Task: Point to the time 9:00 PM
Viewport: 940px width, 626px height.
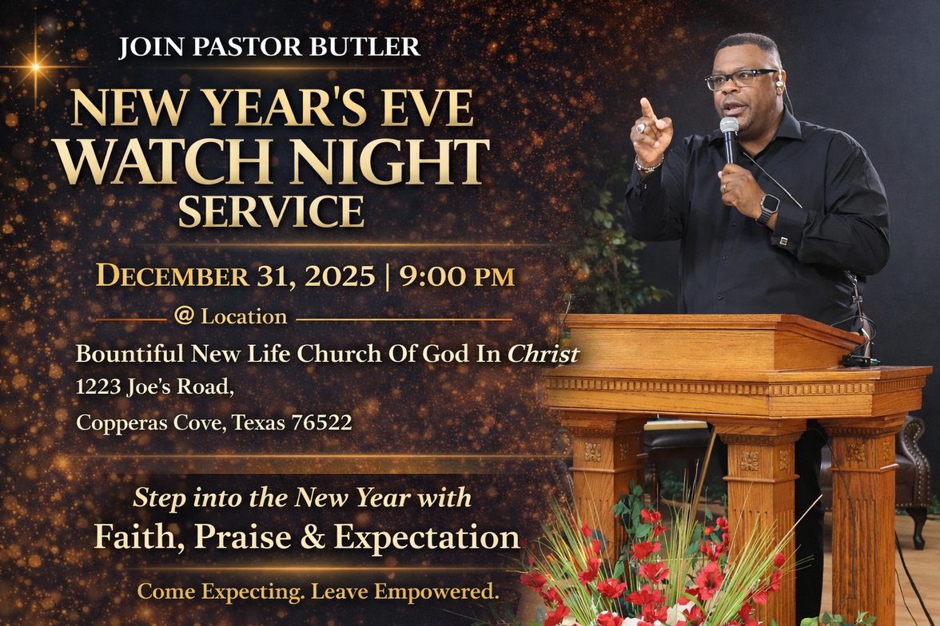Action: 457,276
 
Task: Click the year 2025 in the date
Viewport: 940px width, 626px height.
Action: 339,276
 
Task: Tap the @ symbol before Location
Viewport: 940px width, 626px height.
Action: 184,315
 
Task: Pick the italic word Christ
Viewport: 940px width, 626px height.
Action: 544,354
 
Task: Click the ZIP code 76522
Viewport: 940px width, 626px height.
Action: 321,422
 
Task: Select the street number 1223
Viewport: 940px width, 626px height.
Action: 99,386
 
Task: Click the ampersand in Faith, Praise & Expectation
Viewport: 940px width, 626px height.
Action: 312,536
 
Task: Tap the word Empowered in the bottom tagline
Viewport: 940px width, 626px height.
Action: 436,591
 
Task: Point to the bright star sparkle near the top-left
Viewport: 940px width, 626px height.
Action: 36,66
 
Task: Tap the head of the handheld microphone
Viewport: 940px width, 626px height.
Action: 729,126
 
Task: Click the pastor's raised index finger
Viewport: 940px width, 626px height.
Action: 646,108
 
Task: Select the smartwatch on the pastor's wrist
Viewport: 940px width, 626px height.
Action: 767,208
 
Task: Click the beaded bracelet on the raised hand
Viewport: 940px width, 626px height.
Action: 649,165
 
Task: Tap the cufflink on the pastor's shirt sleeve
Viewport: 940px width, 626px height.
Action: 783,241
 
